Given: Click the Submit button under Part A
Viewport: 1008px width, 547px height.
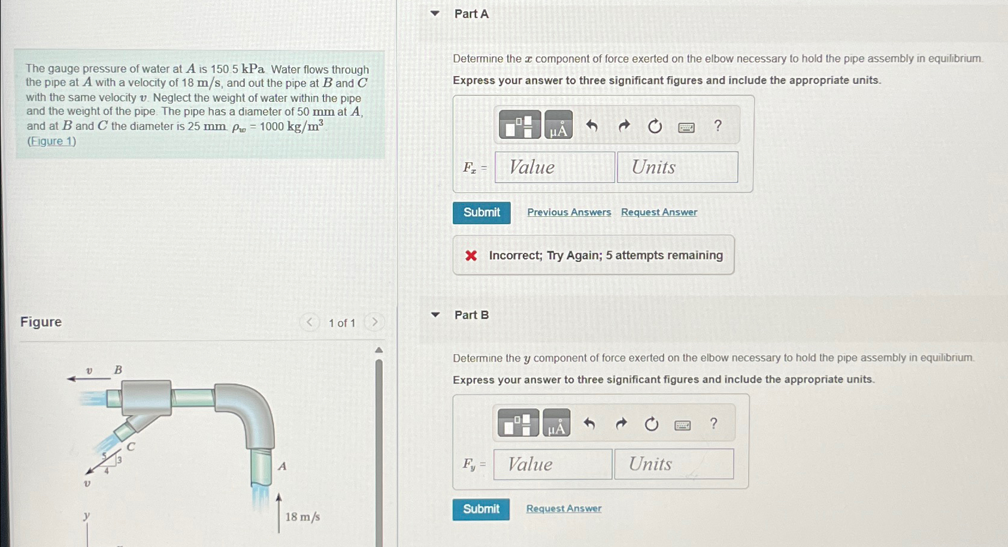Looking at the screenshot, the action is pyautogui.click(x=482, y=213).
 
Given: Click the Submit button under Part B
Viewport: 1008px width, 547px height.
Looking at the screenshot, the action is pyautogui.click(x=481, y=509).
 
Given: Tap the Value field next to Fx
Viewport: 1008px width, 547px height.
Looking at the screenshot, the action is pyautogui.click(x=555, y=168).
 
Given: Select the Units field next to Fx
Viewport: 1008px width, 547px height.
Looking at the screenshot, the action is pyautogui.click(x=677, y=168).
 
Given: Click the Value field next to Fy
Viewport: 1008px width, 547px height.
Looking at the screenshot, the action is pyautogui.click(x=553, y=464).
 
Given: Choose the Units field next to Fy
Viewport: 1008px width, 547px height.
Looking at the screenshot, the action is pyautogui.click(x=674, y=464).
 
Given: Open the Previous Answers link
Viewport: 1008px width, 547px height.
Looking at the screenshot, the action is pyautogui.click(x=569, y=212).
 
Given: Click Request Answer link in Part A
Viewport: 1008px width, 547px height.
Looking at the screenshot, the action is pyautogui.click(x=659, y=212).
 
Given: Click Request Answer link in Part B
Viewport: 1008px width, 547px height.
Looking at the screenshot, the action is pyautogui.click(x=564, y=508).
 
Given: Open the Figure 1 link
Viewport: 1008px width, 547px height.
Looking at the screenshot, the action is pyautogui.click(x=52, y=141).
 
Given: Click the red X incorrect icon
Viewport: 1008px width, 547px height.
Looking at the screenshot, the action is pyautogui.click(x=471, y=256).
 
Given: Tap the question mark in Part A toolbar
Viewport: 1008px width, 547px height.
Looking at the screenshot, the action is pyautogui.click(x=718, y=126).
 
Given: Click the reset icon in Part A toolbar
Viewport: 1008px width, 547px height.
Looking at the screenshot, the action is pyautogui.click(x=655, y=126).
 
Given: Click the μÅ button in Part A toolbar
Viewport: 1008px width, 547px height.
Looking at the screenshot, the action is pyautogui.click(x=558, y=125).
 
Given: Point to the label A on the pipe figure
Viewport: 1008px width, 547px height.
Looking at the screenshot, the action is pyautogui.click(x=282, y=466).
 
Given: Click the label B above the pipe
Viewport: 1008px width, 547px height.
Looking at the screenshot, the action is pyautogui.click(x=118, y=370).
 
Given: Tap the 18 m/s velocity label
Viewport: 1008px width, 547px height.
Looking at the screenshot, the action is pyautogui.click(x=302, y=516).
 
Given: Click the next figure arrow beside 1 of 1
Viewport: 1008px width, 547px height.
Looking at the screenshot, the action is pyautogui.click(x=374, y=322).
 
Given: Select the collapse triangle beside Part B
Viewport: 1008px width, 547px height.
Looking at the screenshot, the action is pyautogui.click(x=435, y=315).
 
